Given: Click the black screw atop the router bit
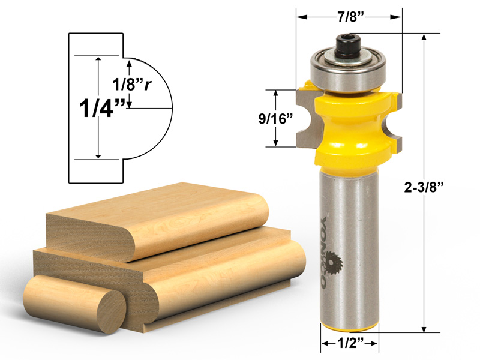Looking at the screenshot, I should click(x=346, y=44).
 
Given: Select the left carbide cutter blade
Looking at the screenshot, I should click(x=306, y=117).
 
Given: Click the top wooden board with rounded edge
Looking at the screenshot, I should click(x=156, y=216).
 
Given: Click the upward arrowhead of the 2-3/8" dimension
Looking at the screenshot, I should click(x=424, y=37).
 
